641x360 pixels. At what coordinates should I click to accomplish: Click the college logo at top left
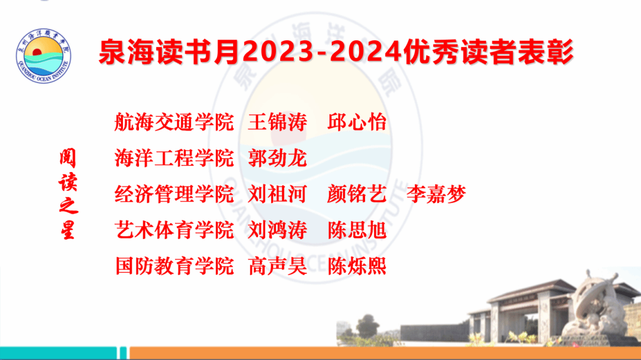pos(43,56)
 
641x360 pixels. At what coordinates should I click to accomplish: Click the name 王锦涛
pos(278,122)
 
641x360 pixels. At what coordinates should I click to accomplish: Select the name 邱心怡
pos(357,122)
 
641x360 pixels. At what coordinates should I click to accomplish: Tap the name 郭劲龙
pos(278,158)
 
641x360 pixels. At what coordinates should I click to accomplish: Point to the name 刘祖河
pos(278,194)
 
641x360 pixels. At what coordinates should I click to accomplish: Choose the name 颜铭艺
pos(357,194)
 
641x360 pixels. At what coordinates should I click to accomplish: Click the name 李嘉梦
pos(436,194)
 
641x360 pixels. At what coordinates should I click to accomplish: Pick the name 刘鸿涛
pos(278,230)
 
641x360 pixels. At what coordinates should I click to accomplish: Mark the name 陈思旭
pos(357,230)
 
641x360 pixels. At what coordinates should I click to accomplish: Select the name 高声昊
pos(278,266)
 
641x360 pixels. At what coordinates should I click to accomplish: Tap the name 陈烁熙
pos(357,266)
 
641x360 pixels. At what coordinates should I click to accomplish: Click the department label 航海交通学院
pos(174,122)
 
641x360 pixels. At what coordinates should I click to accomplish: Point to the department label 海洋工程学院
pos(174,158)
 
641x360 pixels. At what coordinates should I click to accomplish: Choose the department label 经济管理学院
pos(174,194)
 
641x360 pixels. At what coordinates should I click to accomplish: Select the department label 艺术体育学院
pos(174,230)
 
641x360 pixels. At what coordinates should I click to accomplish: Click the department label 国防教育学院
pos(174,266)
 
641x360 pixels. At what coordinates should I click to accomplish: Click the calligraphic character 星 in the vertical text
pos(68,230)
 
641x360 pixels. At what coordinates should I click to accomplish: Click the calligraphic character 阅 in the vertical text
pos(68,158)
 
